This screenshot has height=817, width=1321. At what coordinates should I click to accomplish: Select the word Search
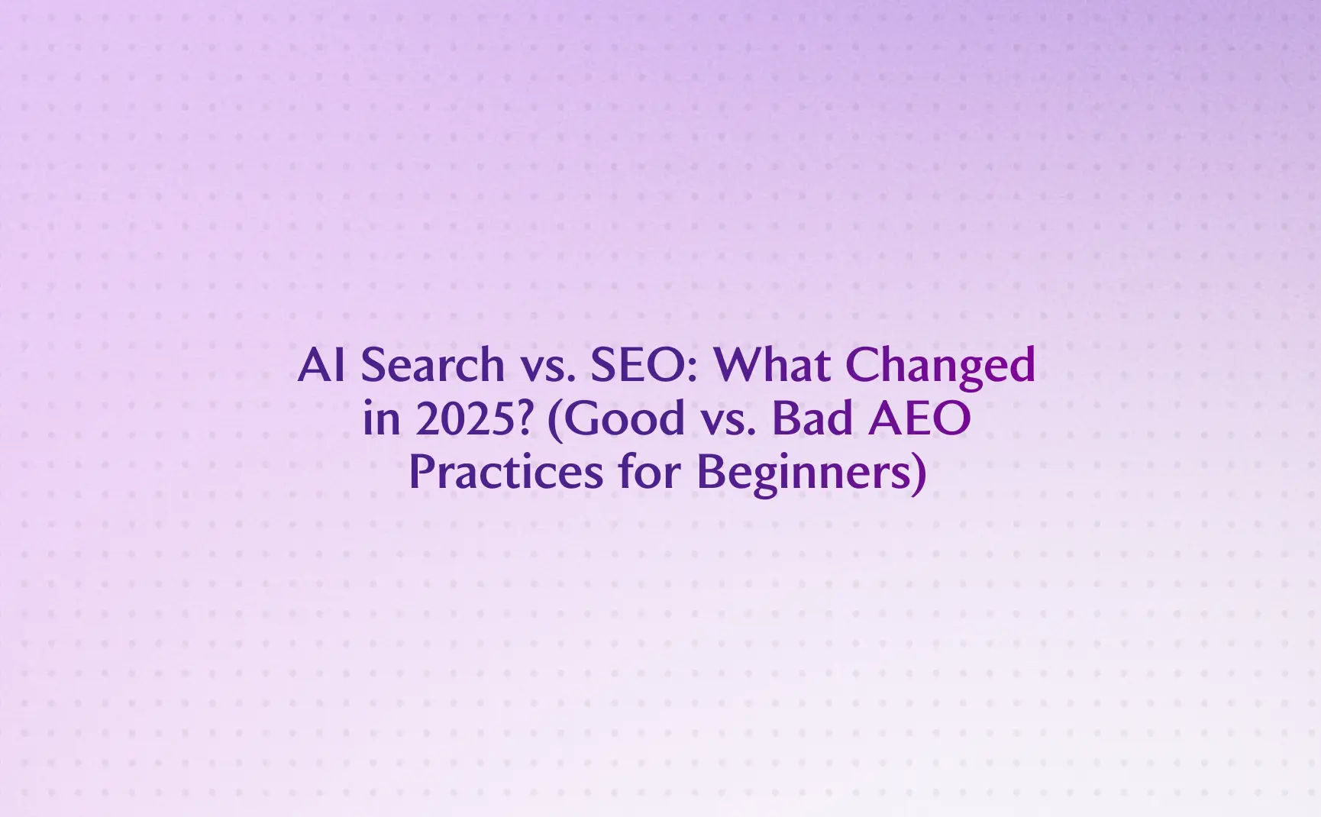(x=432, y=366)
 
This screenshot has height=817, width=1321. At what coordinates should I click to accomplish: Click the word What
(x=772, y=366)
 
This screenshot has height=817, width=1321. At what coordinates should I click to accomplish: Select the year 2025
(x=460, y=419)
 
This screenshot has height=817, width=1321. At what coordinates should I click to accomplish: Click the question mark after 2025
(x=523, y=419)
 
